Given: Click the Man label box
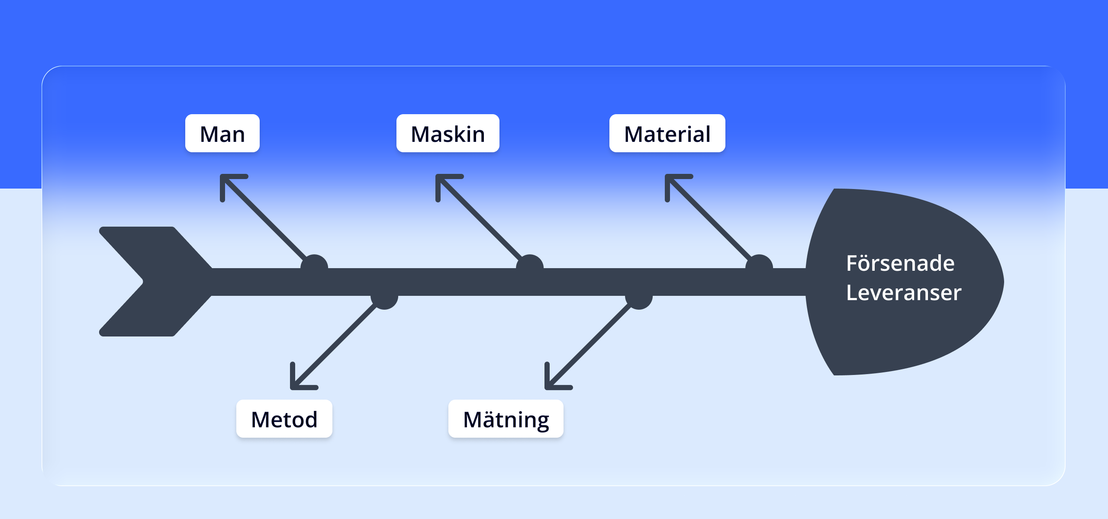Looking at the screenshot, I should point(222,133).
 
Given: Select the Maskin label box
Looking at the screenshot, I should point(448,133).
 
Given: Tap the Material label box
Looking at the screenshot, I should point(667,133).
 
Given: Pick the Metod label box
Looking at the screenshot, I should point(284,419).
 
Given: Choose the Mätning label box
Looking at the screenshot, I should point(506,419).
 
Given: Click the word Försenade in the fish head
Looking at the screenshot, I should point(900,263).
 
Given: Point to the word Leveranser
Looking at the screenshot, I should point(904,293).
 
